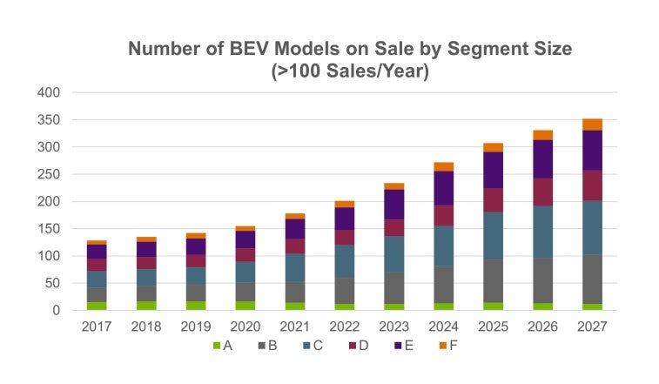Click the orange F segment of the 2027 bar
click(x=592, y=125)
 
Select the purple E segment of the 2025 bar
click(x=494, y=170)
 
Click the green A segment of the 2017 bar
click(x=97, y=306)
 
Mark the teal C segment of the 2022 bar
click(x=345, y=261)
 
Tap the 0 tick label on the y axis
click(x=55, y=311)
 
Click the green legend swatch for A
click(x=217, y=347)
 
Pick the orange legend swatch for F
click(x=443, y=347)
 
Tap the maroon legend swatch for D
click(x=353, y=347)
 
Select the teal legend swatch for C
click(x=307, y=347)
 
